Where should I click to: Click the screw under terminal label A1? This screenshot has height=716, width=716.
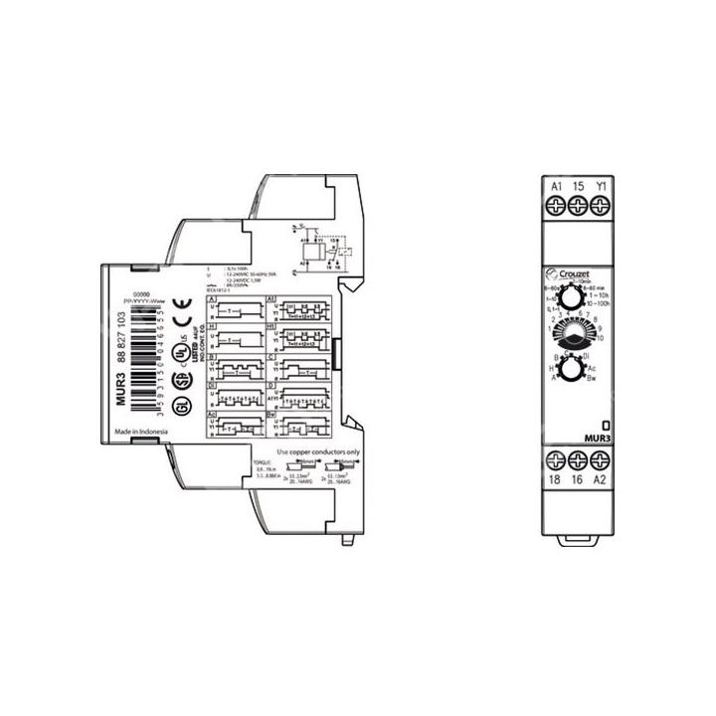point(557,206)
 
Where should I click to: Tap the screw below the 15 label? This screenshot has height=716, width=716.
point(579,206)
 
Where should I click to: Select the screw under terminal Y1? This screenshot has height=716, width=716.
point(600,206)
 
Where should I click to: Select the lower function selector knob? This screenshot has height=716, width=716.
point(573,370)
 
